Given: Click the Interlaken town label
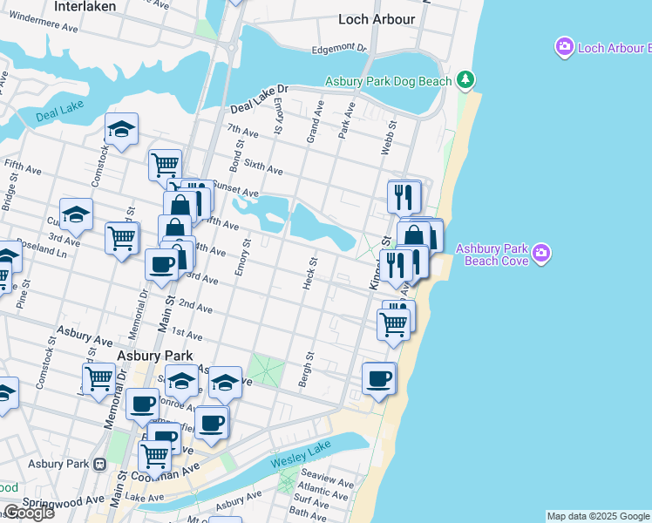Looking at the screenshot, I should [x=86, y=6].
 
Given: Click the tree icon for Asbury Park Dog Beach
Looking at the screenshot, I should [x=466, y=81].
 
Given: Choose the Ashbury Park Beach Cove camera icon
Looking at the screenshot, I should [x=542, y=254].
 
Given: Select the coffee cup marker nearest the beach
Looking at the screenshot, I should [x=378, y=378].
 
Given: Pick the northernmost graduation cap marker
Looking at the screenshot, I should [x=122, y=130].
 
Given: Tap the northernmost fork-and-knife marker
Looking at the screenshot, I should [x=404, y=196].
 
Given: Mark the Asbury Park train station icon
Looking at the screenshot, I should [x=101, y=464].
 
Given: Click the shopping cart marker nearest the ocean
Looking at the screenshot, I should [x=394, y=324].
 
